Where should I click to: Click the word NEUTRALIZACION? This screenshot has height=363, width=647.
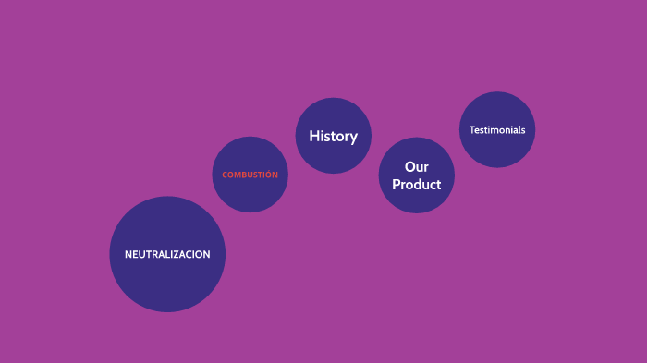[x=167, y=254]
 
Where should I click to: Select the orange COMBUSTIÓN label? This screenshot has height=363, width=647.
[x=250, y=175]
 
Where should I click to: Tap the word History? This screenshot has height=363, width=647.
[x=333, y=136]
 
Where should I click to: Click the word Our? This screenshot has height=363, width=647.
[x=417, y=167]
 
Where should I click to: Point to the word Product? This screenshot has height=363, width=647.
[x=417, y=184]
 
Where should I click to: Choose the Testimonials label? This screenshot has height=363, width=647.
[x=497, y=130]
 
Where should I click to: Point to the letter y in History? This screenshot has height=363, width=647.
[x=353, y=138]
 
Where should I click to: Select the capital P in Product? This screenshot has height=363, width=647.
[x=397, y=184]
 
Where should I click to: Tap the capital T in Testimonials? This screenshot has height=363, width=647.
[x=471, y=130]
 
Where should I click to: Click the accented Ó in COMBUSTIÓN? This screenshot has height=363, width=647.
[x=267, y=174]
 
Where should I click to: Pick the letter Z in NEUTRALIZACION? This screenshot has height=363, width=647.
[x=180, y=254]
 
